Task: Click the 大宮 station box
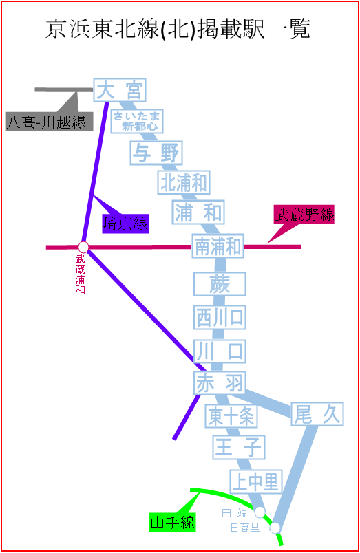120,90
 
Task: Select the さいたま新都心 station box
137,121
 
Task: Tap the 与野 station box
156,153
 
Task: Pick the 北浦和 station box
184,182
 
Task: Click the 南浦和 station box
218,246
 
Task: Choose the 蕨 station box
220,284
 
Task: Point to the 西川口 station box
220,317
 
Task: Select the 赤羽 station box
220,383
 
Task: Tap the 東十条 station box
231,416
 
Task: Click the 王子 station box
239,447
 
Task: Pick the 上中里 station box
256,481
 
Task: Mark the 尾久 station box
317,414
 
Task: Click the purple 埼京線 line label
126,224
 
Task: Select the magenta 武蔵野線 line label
304,215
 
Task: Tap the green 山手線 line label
173,522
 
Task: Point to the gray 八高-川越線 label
49,122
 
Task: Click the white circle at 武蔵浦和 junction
83,247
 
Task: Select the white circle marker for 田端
260,512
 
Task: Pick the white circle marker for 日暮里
275,528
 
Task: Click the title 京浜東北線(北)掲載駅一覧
178,29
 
